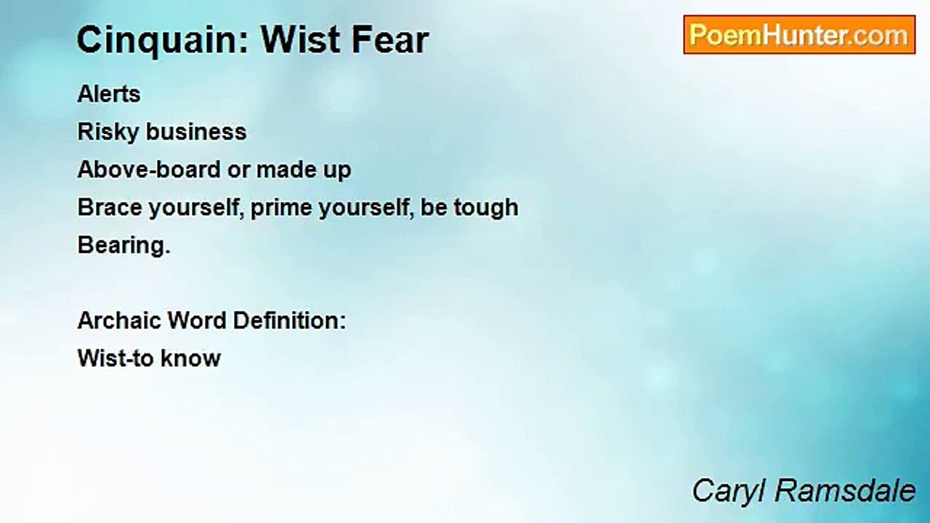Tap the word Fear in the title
(390, 40)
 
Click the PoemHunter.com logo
(799, 35)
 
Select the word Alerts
(109, 94)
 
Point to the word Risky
(108, 133)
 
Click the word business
(196, 131)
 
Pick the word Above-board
(149, 169)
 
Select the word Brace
(110, 207)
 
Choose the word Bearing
(124, 246)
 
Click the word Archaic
(118, 320)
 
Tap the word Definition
(289, 320)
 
